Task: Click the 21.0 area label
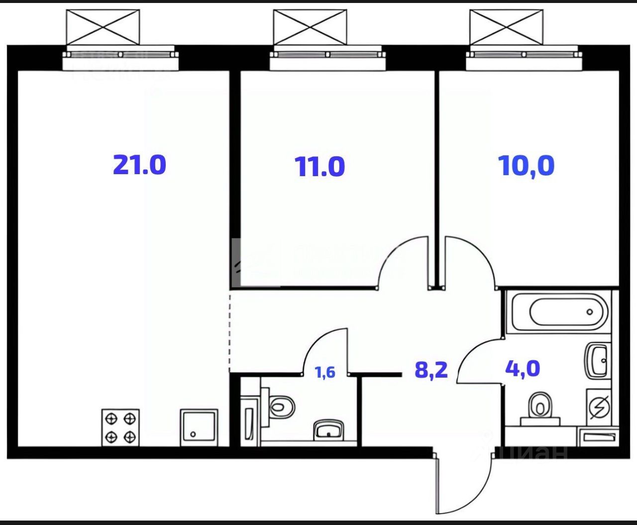click(x=139, y=164)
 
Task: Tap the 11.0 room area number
click(x=320, y=166)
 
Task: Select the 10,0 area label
click(x=527, y=165)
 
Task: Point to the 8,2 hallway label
click(x=431, y=370)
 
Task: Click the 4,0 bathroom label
click(x=523, y=369)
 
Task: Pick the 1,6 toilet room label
click(x=325, y=372)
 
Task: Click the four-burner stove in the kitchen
click(x=120, y=427)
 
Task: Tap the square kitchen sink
click(x=199, y=427)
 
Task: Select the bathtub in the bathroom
click(x=568, y=312)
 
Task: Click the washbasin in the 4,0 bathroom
click(x=597, y=360)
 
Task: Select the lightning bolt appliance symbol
click(x=599, y=408)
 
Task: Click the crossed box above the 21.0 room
click(x=103, y=27)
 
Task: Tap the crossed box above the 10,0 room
click(x=506, y=27)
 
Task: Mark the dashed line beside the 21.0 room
click(x=229, y=331)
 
